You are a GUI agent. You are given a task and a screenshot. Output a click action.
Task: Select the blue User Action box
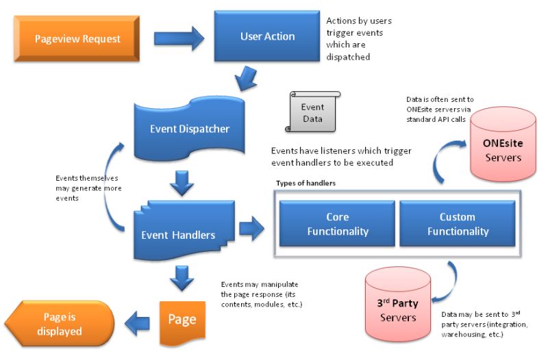[267, 36]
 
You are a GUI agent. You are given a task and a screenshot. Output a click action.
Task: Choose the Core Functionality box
[337, 224]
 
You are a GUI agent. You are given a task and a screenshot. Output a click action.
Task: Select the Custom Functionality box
[458, 224]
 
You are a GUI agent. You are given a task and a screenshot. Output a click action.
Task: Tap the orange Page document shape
[182, 320]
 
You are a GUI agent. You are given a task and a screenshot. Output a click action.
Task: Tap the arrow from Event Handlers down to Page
[181, 278]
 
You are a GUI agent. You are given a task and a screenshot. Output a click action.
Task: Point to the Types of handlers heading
[305, 183]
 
